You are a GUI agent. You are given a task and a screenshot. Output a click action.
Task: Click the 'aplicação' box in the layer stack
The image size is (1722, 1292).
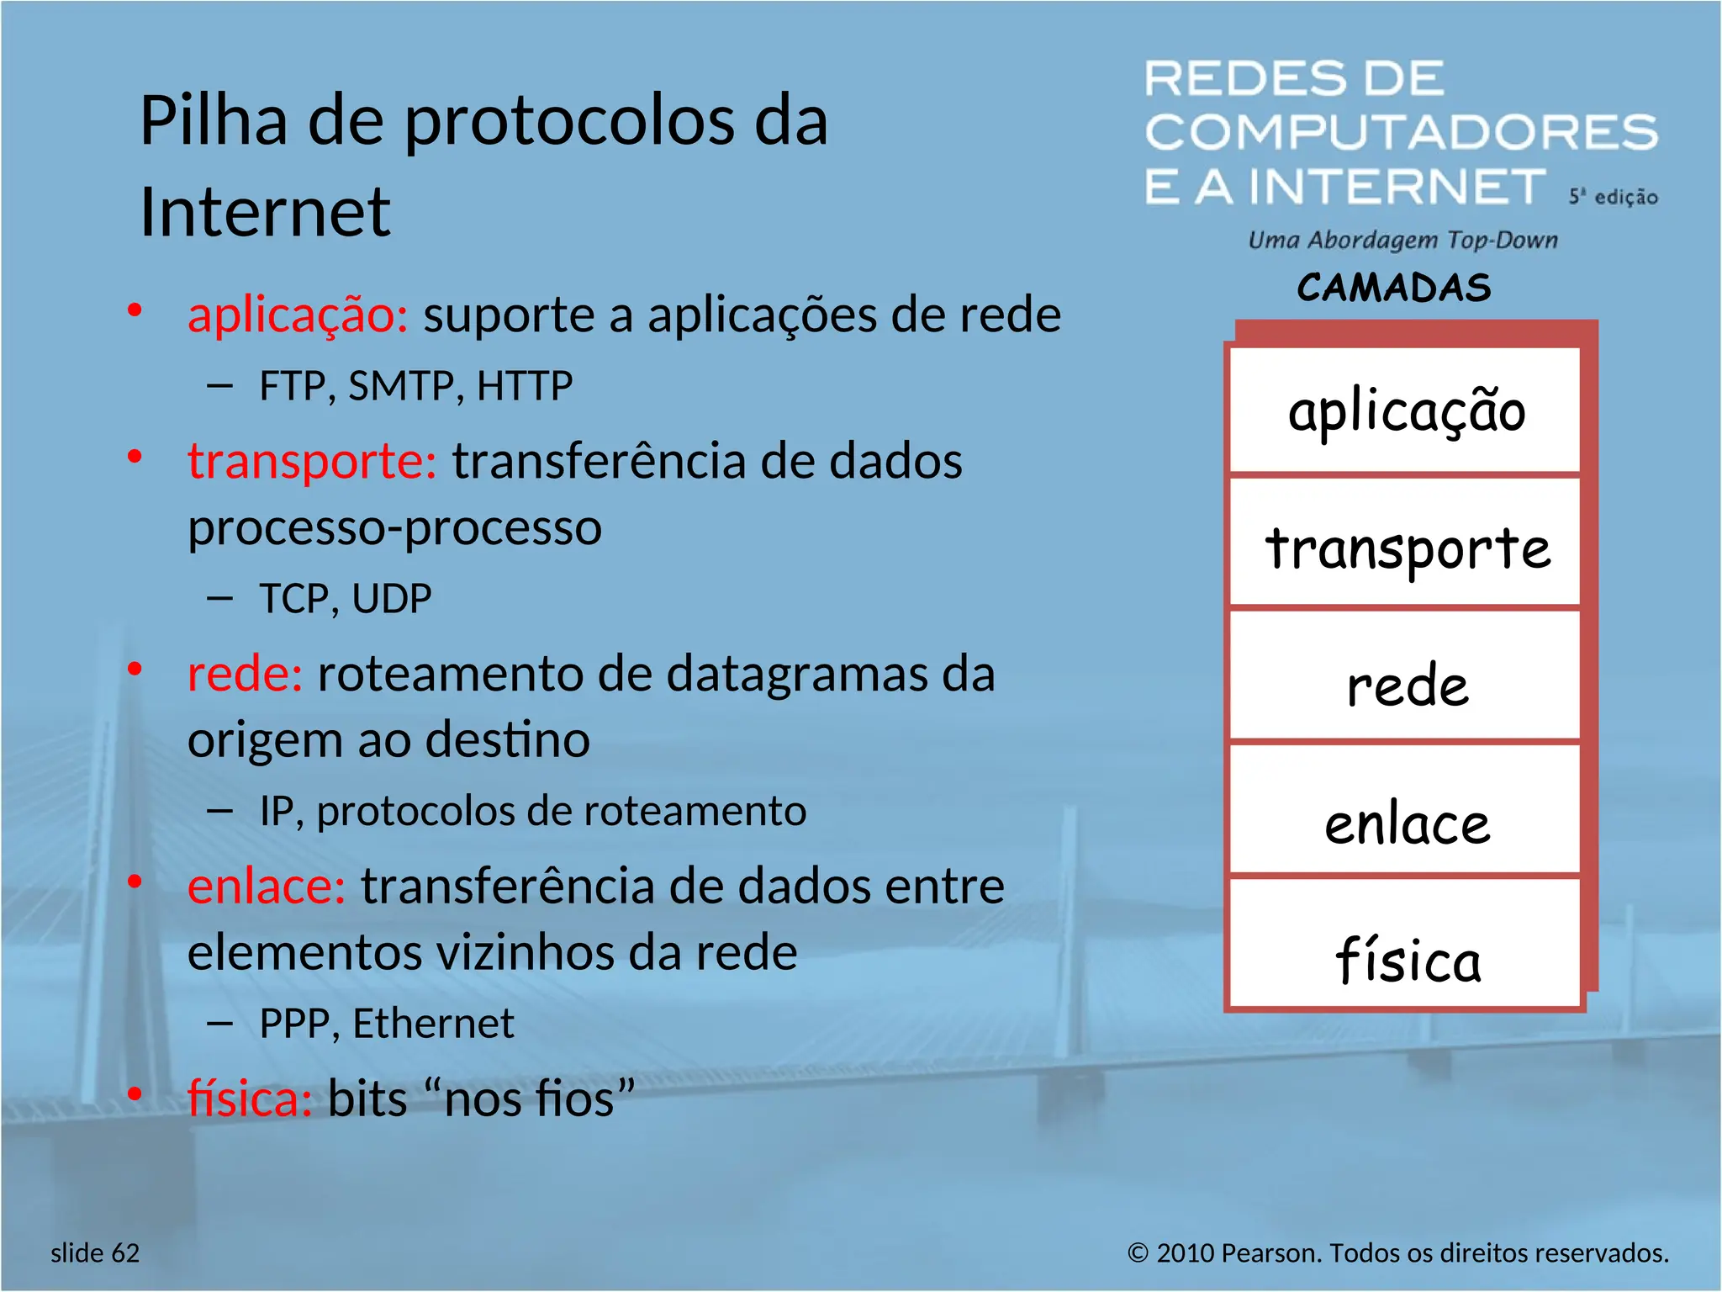[1406, 411]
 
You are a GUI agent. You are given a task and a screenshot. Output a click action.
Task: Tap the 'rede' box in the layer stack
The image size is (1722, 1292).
[1406, 683]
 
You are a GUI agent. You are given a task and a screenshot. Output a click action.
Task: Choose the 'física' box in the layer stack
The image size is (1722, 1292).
[1406, 957]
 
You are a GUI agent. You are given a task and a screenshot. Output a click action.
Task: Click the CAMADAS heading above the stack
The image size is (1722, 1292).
[1394, 288]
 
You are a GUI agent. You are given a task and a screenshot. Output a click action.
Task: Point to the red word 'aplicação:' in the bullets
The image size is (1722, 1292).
[298, 315]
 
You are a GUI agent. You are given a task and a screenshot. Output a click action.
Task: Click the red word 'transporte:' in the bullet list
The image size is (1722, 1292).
[312, 462]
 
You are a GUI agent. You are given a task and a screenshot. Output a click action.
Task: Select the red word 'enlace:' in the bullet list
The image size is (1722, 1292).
[267, 887]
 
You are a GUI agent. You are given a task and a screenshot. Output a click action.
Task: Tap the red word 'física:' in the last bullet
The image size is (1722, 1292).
[250, 1099]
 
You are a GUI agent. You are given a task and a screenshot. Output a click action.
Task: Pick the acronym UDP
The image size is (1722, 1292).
[391, 599]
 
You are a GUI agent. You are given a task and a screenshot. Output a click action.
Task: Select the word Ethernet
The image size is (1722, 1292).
[433, 1024]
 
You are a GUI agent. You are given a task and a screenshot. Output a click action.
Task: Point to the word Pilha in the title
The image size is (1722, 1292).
[214, 121]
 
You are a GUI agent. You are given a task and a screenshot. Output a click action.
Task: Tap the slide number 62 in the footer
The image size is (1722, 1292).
[125, 1253]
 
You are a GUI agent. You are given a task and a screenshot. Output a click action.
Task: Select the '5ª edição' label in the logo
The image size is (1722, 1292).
[1613, 197]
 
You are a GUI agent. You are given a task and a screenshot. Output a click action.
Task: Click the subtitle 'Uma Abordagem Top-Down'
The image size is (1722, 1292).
[1402, 241]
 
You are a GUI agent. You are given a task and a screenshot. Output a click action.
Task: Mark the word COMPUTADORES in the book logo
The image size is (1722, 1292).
[1401, 132]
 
